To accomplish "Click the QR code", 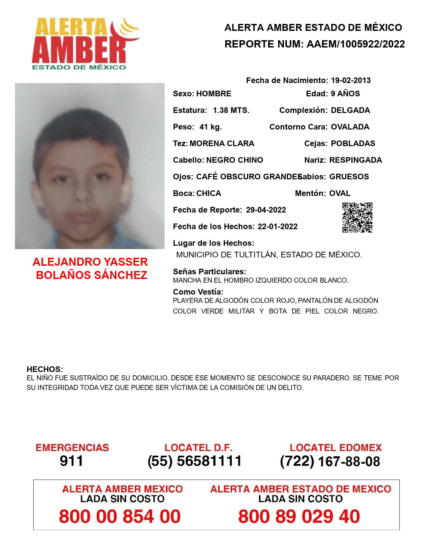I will point(357,218).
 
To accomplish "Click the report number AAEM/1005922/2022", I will point(355,44).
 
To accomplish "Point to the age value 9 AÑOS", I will point(345,94).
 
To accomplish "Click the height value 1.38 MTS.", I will point(231,110).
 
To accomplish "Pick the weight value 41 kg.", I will point(211,127).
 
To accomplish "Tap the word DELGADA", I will point(350,110).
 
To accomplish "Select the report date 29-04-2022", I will point(266,210).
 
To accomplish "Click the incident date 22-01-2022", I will point(277,227).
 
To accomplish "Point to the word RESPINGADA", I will point(355,160).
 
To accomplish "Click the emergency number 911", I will point(71,461).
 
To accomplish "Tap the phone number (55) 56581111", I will point(195,461).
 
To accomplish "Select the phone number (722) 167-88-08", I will point(330,461).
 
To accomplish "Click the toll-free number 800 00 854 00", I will point(120,516).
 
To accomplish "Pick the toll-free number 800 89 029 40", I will point(299,516).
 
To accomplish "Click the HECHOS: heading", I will point(45,369).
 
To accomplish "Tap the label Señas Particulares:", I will point(210,272).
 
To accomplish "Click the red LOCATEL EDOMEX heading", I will point(336,448).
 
